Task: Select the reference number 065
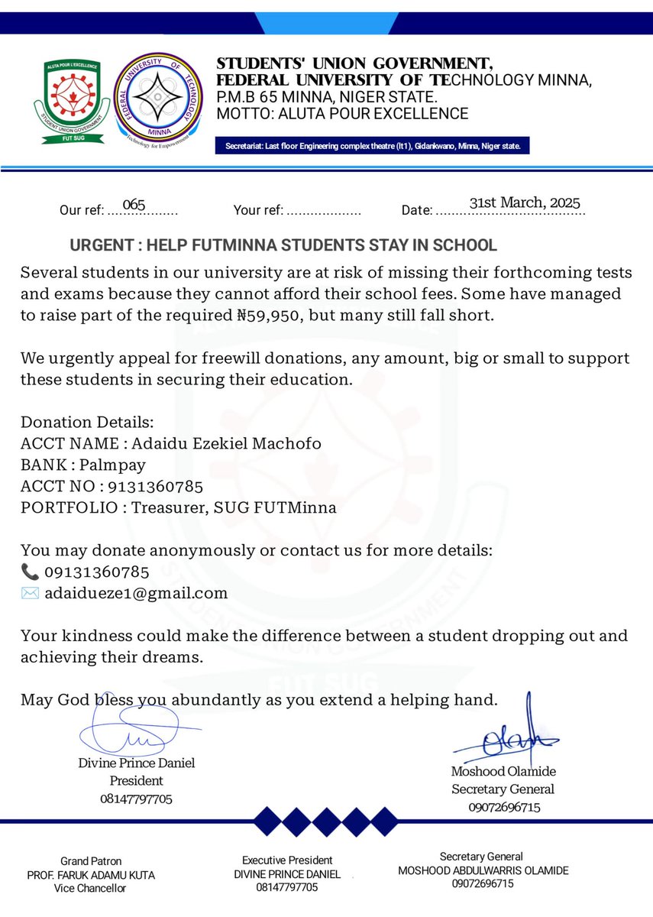pos(134,204)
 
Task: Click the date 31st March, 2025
pos(525,203)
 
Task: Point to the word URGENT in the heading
pos(99,245)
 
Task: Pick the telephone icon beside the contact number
pos(29,572)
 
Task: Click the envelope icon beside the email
pos(29,593)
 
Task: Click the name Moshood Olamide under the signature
pos(503,771)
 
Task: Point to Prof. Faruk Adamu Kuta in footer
pos(91,874)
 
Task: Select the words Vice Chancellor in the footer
pos(90,888)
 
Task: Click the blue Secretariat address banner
pos(373,146)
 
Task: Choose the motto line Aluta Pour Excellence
pos(342,114)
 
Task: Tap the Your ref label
pos(258,210)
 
